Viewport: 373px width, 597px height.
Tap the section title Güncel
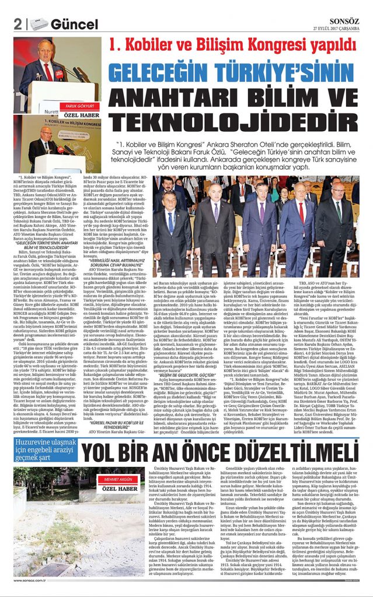pos(74,24)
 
